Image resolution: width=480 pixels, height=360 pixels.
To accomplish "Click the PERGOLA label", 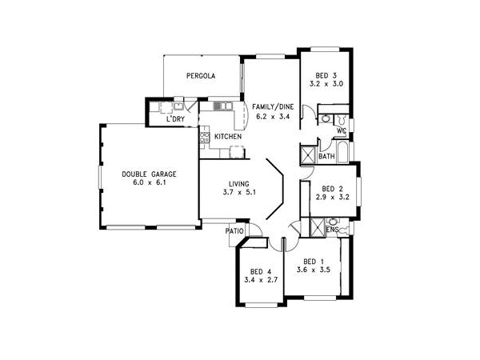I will tap(201, 77).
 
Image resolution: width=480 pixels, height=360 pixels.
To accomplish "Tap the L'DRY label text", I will tap(176, 119).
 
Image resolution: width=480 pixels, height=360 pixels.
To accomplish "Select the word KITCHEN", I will tap(228, 137).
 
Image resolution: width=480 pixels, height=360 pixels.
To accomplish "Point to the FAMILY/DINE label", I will tap(272, 106).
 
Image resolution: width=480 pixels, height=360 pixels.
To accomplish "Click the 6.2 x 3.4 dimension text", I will tap(272, 117).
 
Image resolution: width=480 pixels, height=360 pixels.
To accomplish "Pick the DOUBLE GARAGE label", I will tap(149, 174).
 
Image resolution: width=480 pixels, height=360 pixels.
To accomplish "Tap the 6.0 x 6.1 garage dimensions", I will tap(149, 183).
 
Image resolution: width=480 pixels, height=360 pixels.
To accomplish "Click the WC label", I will tap(342, 130).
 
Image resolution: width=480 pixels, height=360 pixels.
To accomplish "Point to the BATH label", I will tap(326, 156).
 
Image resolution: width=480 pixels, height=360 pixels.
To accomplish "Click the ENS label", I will tap(333, 230).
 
